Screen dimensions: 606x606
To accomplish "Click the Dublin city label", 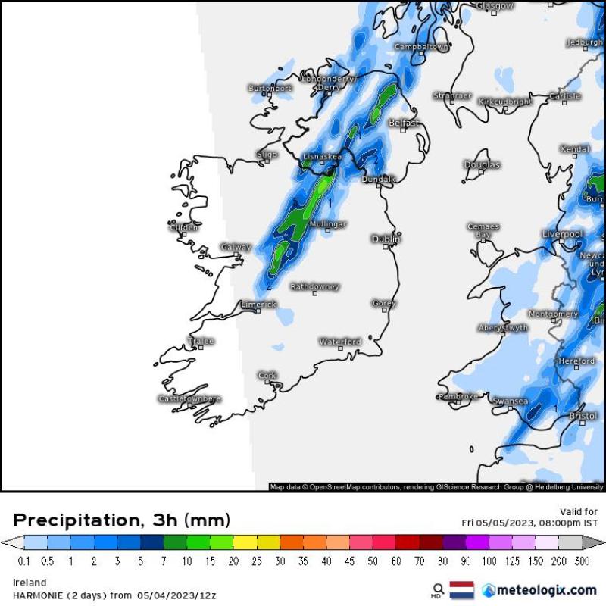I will click(x=386, y=239).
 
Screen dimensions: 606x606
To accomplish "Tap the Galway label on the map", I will click(x=236, y=247).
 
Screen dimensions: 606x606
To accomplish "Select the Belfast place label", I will click(x=403, y=123).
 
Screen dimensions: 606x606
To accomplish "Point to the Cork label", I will click(x=267, y=375).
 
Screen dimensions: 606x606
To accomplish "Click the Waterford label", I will click(x=340, y=342).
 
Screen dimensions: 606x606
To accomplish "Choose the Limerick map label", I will click(x=258, y=305).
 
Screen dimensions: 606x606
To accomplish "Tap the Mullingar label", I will click(x=328, y=224).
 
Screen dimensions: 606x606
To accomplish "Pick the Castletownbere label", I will click(x=189, y=398).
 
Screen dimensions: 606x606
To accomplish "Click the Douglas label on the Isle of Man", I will click(x=482, y=164).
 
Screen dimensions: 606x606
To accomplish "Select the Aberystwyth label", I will click(x=503, y=327).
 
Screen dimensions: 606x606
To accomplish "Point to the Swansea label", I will click(x=510, y=401).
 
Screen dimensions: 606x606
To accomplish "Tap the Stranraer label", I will click(x=452, y=96).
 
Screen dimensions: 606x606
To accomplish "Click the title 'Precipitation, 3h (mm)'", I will click(x=122, y=520).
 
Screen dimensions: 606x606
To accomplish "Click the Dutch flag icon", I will click(x=462, y=589).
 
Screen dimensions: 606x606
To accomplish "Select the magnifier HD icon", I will click(x=437, y=589).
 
